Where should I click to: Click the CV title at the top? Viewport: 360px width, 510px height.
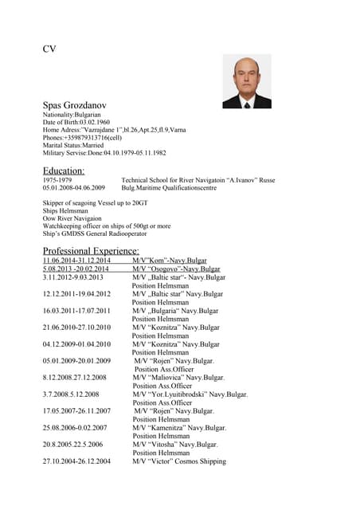pos(49,49)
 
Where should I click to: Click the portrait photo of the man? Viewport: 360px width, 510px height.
pos(246,81)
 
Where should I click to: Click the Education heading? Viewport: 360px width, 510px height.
pos(63,171)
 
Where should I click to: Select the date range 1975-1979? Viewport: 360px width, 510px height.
pos(57,181)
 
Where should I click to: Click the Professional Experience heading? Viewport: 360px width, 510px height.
pos(91,251)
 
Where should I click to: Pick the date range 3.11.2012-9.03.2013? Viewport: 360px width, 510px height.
pos(73,277)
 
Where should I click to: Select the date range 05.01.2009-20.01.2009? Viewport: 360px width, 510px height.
pos(76,361)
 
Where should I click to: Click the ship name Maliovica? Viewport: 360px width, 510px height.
pos(169,378)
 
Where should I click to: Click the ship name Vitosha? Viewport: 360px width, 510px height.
pos(166,445)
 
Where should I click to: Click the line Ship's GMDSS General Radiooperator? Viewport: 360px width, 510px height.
pos(98,234)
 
